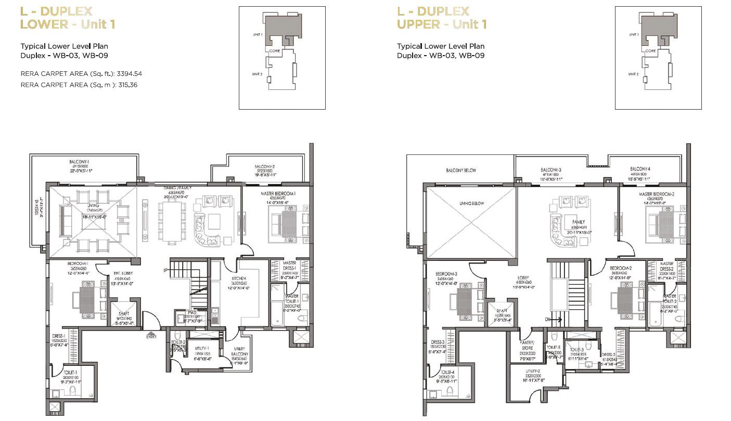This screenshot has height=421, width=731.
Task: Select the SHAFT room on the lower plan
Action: pos(123,314)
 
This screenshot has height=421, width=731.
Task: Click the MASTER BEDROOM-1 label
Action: pos(278,194)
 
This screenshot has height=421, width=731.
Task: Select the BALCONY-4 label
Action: pos(640,169)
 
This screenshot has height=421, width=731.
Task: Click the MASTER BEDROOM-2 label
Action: pos(657,194)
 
